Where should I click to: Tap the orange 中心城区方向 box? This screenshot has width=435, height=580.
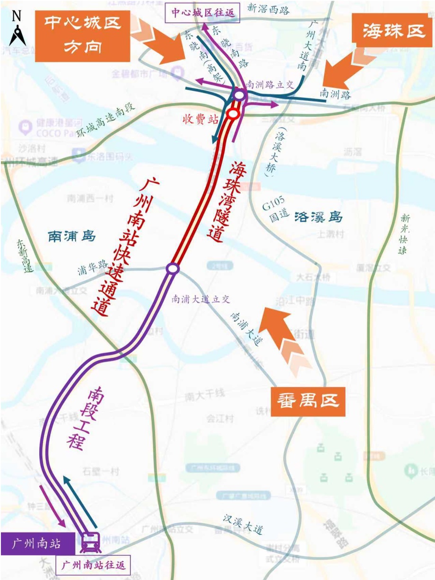pyautogui.click(x=83, y=35)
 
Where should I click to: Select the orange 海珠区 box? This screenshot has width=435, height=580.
pyautogui.click(x=394, y=31)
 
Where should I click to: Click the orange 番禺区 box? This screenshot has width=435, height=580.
pyautogui.click(x=308, y=401)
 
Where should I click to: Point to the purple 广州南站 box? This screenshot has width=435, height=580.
pyautogui.click(x=37, y=544)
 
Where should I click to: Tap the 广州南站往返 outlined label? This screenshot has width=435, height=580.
pyautogui.click(x=93, y=564)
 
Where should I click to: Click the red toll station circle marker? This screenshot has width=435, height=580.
pyautogui.click(x=233, y=114)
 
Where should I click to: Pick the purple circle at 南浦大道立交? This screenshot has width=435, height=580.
pyautogui.click(x=173, y=268)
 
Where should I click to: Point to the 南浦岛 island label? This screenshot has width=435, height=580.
pyautogui.click(x=71, y=235)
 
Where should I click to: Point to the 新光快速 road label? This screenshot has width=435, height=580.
pyautogui.click(x=404, y=234)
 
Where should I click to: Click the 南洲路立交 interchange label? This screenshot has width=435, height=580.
pyautogui.click(x=270, y=85)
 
